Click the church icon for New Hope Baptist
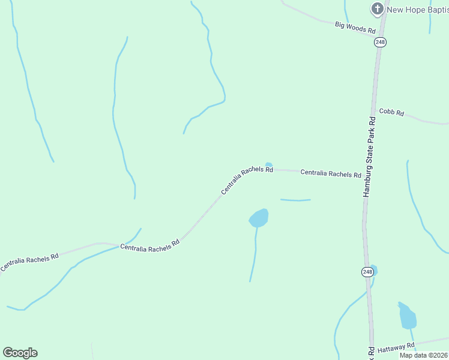point(377,8)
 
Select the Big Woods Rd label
point(355,27)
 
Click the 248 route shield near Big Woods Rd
point(380,41)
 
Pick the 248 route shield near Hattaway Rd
point(367,272)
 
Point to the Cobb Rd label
point(391,112)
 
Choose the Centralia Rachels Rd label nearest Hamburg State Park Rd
point(331,173)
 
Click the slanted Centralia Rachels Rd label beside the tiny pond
point(247,180)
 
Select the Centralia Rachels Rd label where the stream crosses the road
point(150,246)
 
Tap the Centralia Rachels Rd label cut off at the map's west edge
point(29,262)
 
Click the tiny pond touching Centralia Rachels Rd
point(269,165)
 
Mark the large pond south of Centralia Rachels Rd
point(259,218)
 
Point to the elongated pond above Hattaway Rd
point(407,316)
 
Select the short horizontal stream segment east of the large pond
point(295,200)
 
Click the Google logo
point(20,353)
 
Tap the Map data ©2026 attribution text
point(424,355)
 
